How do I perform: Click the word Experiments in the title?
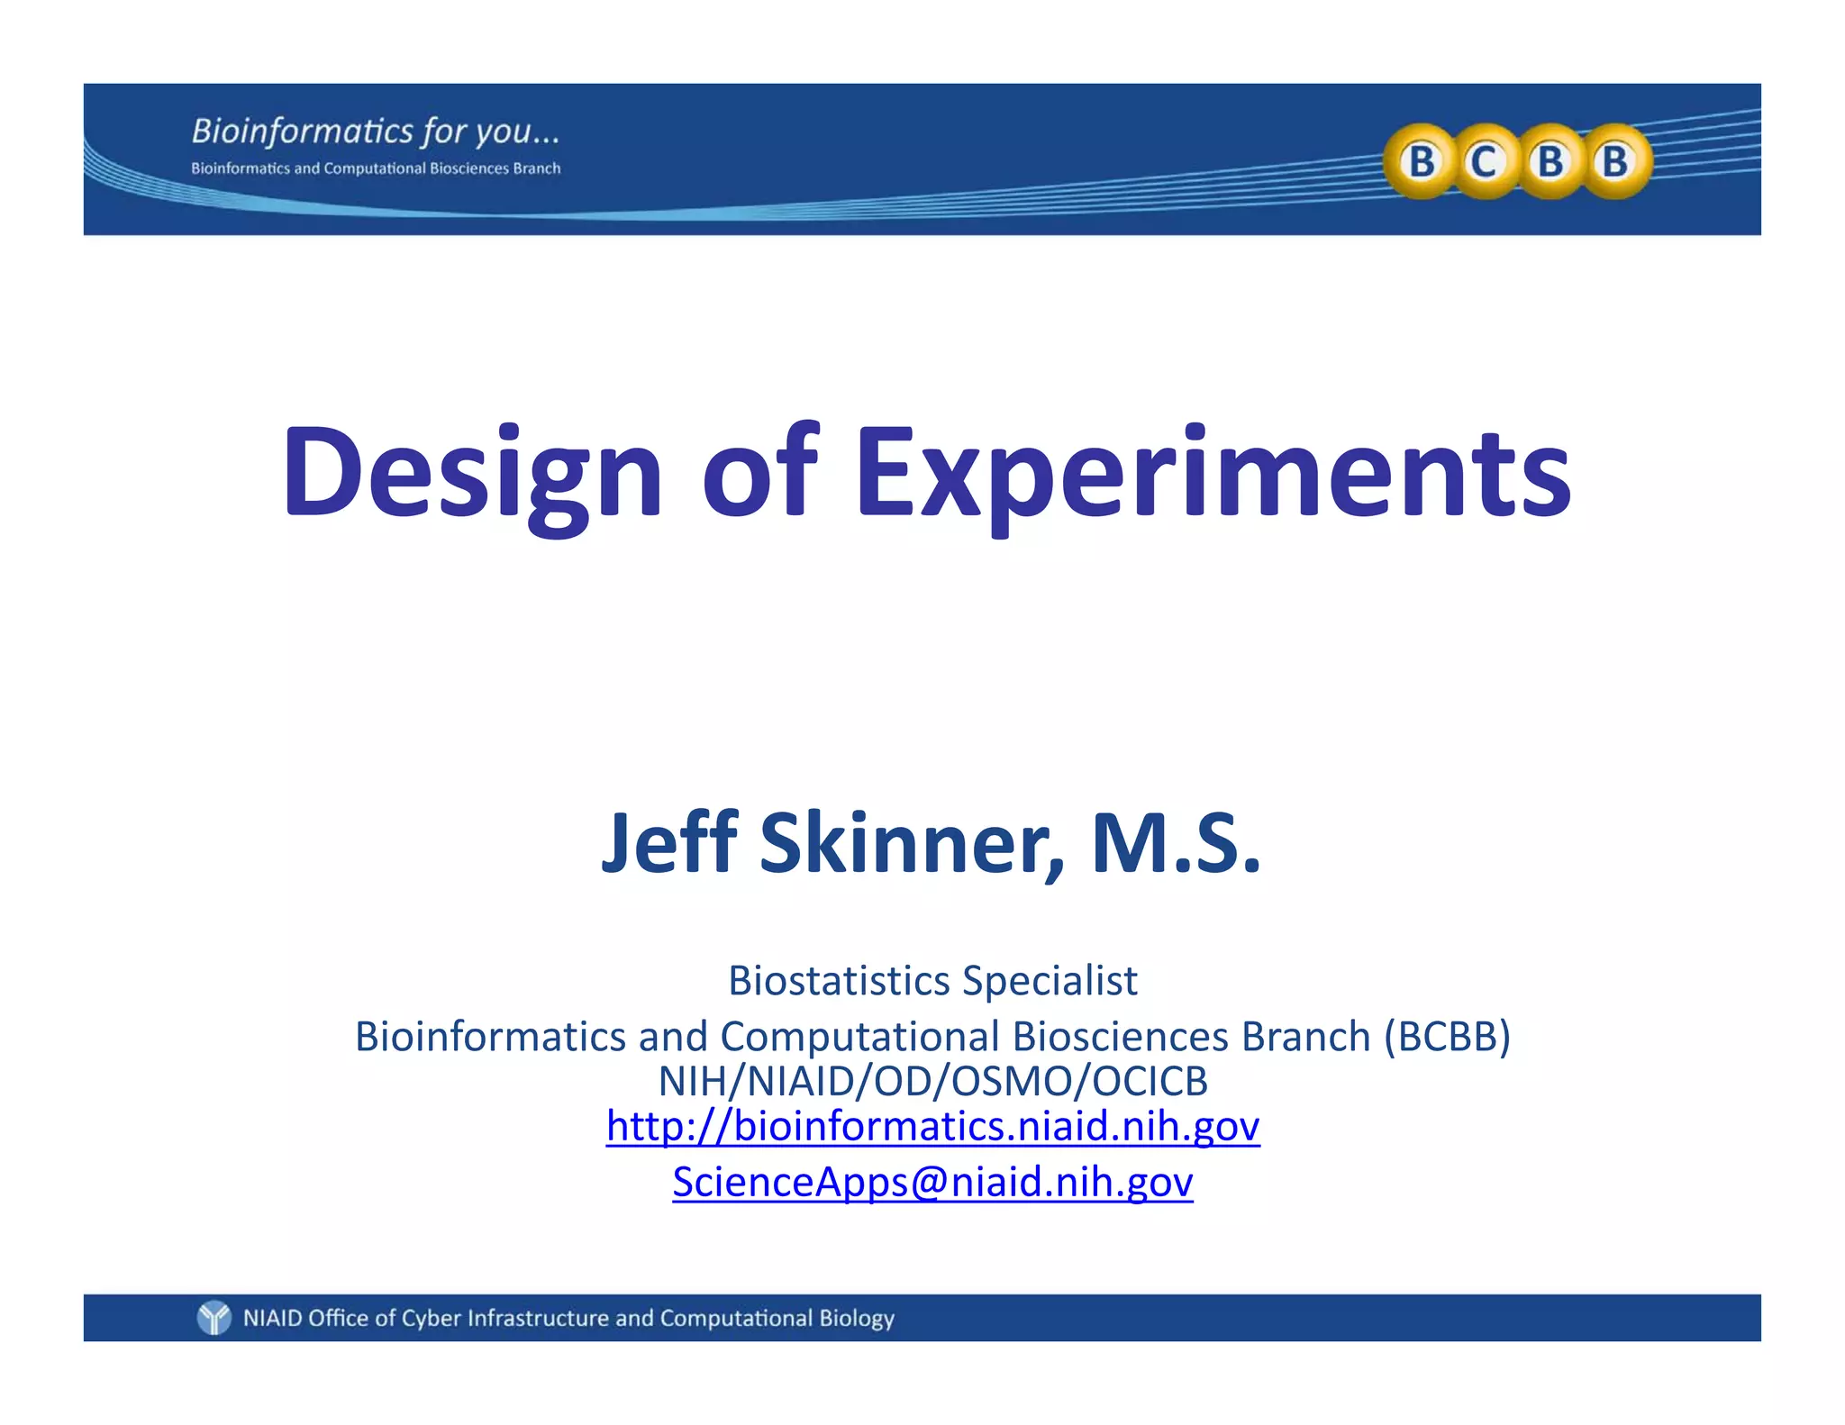pos(1213,475)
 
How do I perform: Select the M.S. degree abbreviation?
pos(1175,843)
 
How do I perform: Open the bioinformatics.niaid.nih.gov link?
pos(932,1126)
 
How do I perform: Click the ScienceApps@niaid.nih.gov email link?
pos(932,1182)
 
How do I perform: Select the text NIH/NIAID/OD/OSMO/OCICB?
pos(932,1081)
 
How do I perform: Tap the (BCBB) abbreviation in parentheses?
pos(1447,1036)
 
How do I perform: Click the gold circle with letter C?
pos(1484,162)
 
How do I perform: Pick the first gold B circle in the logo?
pos(1421,162)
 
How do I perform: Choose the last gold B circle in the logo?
pos(1615,162)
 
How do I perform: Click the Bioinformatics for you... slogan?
pos(376,132)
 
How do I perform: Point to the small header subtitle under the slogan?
pos(376,168)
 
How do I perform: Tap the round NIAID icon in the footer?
pos(214,1318)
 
